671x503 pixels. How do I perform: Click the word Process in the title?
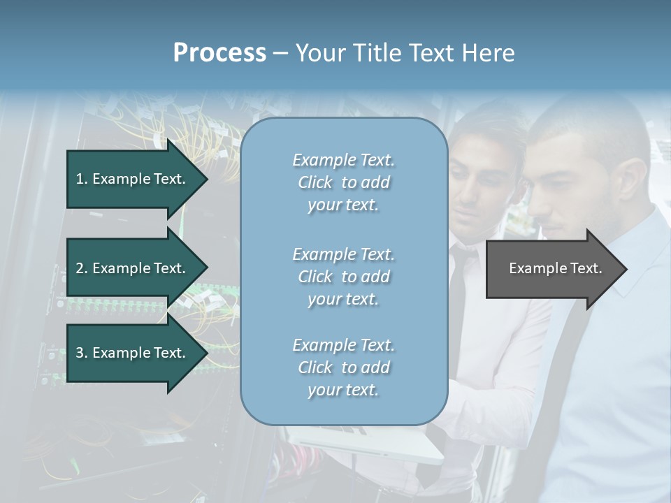pyautogui.click(x=219, y=52)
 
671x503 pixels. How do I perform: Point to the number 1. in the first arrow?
pyautogui.click(x=81, y=179)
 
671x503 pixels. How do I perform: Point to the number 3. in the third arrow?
pyautogui.click(x=81, y=353)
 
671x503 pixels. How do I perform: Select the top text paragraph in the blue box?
pyautogui.click(x=343, y=182)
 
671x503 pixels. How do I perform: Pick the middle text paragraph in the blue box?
pyautogui.click(x=343, y=277)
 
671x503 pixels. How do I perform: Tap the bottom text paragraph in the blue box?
pyautogui.click(x=343, y=367)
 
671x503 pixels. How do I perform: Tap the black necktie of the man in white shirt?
pyautogui.click(x=456, y=293)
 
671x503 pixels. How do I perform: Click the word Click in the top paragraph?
pyautogui.click(x=315, y=182)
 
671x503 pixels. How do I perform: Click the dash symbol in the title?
pyautogui.click(x=281, y=53)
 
